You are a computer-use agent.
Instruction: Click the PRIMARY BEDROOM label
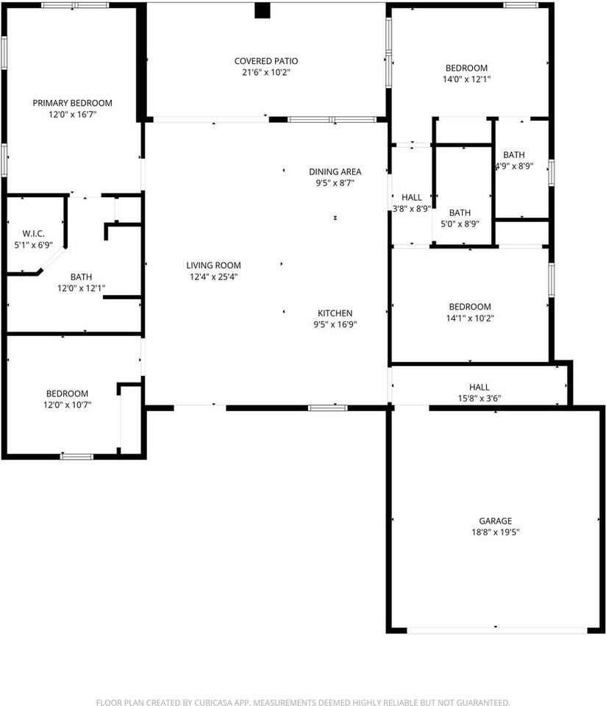tap(72, 103)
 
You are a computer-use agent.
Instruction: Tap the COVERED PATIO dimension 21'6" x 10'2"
tap(265, 73)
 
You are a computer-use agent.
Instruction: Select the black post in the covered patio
tap(263, 10)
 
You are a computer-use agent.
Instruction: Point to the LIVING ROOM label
tap(213, 265)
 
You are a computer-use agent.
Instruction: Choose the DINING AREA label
tap(335, 171)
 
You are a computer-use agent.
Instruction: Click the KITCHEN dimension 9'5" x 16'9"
tap(335, 324)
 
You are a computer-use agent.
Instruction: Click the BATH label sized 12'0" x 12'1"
tap(81, 277)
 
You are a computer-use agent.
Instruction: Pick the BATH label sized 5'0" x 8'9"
tap(460, 213)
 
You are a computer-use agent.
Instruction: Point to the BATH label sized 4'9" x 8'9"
tap(514, 154)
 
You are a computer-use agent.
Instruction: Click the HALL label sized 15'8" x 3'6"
tap(479, 387)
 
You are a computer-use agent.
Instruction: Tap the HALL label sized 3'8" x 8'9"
tap(412, 197)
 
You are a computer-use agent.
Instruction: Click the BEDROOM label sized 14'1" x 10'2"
tap(470, 307)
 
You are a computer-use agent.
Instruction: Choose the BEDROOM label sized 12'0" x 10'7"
tap(67, 393)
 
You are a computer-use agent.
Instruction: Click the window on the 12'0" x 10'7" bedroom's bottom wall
tap(76, 457)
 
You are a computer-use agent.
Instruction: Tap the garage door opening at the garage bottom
tap(496, 630)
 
